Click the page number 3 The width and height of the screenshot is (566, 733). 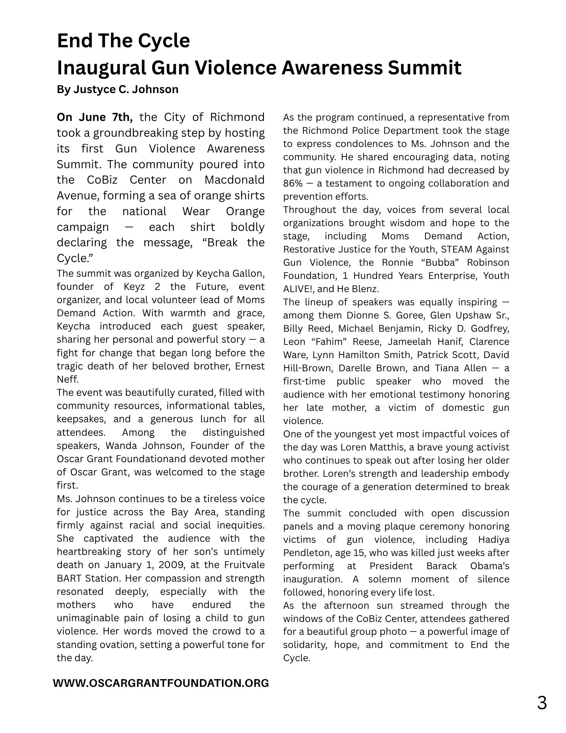click(541, 703)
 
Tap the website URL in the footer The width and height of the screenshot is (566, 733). click(161, 683)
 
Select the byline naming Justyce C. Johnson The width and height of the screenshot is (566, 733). click(118, 89)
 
